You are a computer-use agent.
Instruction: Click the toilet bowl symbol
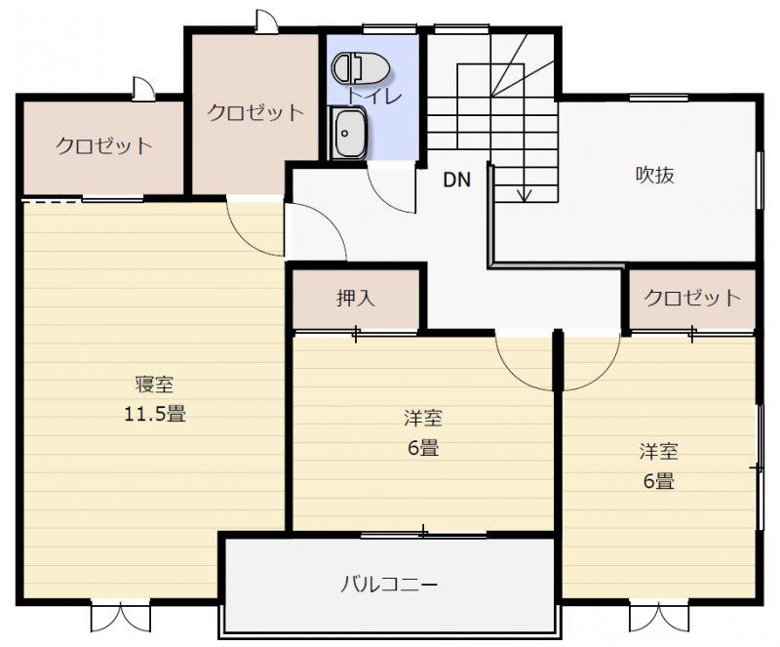click(361, 67)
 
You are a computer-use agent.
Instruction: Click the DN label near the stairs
click(456, 180)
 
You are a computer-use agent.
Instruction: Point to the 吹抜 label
click(654, 175)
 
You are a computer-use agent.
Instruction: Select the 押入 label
click(355, 298)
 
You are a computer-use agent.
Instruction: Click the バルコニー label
click(389, 584)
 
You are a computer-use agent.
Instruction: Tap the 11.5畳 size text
click(155, 414)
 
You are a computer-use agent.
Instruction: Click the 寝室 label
click(155, 384)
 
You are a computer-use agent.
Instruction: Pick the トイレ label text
click(374, 96)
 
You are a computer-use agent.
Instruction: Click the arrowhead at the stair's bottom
click(524, 196)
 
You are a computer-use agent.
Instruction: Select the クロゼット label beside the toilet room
click(255, 112)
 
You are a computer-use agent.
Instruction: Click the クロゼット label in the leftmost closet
click(103, 146)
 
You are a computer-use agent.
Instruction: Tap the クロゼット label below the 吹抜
click(692, 298)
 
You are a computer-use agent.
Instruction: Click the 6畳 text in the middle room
click(423, 448)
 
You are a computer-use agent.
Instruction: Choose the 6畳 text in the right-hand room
click(659, 482)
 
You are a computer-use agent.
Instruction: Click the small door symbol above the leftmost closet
click(143, 88)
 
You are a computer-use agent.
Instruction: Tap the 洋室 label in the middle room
click(423, 418)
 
